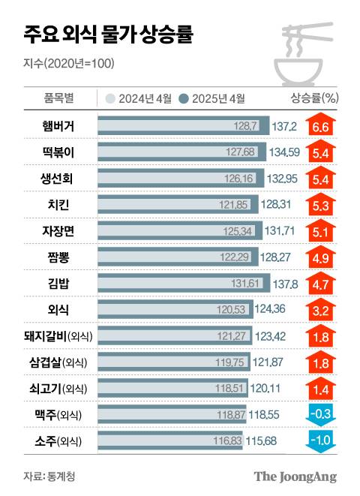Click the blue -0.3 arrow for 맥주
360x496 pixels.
point(321,413)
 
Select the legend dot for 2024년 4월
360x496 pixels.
point(110,98)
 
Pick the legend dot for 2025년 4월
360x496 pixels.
point(184,98)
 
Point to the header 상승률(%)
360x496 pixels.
point(313,98)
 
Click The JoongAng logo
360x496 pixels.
point(295,476)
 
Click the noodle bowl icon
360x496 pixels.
point(304,53)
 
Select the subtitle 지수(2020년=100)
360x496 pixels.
point(69,63)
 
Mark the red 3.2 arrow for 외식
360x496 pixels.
point(321,308)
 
